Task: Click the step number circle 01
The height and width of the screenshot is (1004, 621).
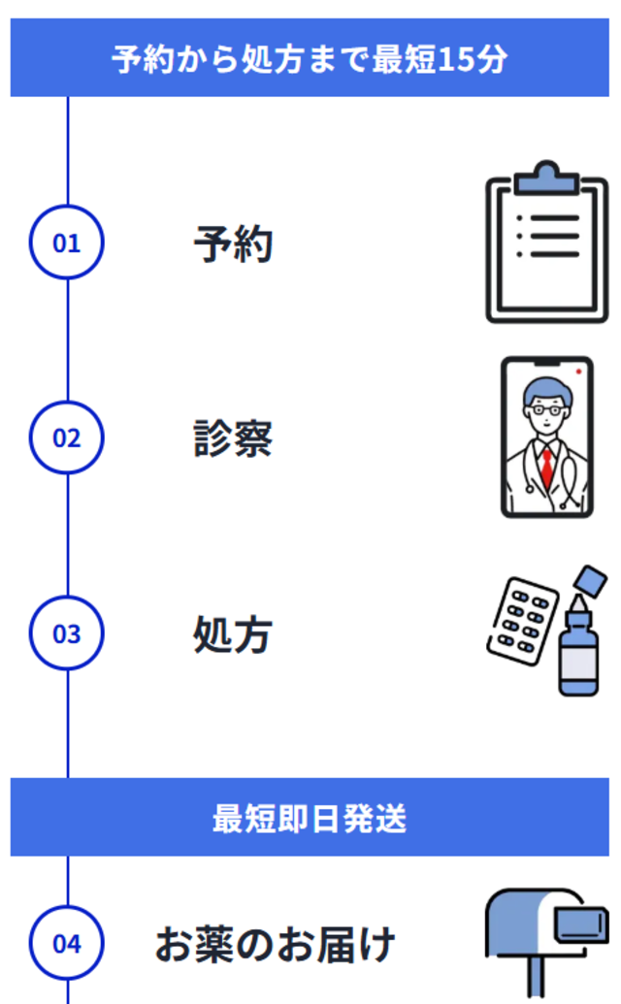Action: click(66, 243)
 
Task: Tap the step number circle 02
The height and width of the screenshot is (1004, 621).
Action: click(66, 438)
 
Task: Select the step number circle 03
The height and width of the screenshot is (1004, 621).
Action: click(66, 634)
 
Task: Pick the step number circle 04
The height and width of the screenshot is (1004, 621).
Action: click(66, 943)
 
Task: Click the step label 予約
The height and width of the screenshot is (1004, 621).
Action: click(233, 244)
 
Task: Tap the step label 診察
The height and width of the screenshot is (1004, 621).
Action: click(233, 438)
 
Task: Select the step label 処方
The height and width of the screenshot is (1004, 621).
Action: click(233, 635)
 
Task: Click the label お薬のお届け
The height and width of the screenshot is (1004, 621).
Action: click(276, 944)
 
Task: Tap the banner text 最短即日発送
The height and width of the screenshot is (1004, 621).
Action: click(310, 819)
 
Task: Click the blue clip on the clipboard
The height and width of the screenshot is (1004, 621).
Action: click(546, 180)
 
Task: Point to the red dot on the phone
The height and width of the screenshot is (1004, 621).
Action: click(578, 372)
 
